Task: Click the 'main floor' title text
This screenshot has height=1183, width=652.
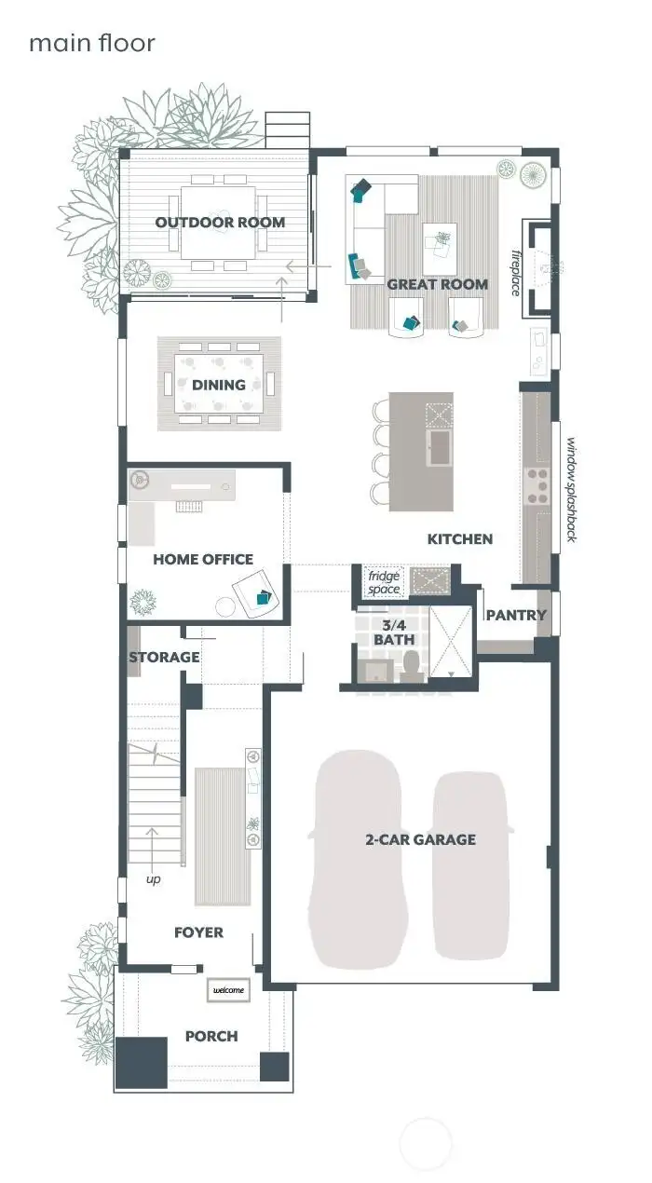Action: point(91,43)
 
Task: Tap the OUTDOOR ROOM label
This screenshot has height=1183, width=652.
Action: point(220,223)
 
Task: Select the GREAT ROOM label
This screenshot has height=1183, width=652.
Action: point(437,284)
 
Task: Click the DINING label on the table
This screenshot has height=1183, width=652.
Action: point(219,384)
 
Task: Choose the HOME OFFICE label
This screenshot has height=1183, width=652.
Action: point(203,559)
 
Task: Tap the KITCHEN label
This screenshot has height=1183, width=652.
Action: point(459,538)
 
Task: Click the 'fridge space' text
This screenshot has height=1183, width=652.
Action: point(384,583)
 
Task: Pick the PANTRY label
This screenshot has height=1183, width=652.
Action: point(516,615)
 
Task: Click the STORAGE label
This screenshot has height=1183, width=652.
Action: point(164,657)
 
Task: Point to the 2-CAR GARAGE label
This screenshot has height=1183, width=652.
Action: point(420,839)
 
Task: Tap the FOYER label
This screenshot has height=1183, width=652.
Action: point(198,931)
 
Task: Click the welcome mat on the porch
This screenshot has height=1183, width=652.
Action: point(228,989)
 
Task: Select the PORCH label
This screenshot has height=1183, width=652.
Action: point(211,1036)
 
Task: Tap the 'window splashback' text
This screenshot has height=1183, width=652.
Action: point(571,490)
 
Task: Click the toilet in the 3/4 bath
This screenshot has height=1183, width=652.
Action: point(411,667)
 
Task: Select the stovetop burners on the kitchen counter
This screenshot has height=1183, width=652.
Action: point(538,484)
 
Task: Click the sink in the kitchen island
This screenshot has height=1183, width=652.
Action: point(440,448)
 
